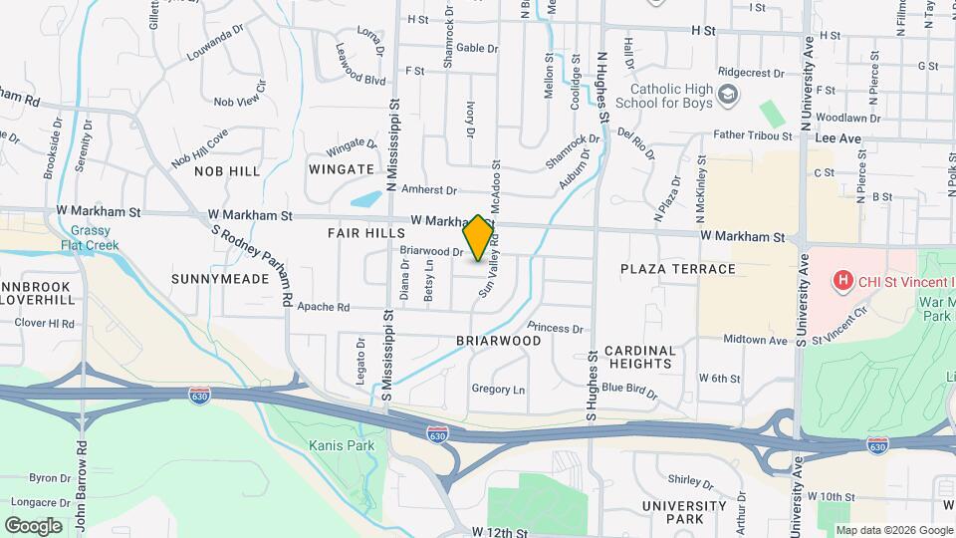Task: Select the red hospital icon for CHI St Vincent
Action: (843, 281)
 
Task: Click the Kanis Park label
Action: (342, 445)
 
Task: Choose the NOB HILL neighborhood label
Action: (227, 171)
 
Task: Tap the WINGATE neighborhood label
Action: (341, 169)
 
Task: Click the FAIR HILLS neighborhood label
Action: (366, 232)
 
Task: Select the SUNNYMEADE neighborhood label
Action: (220, 279)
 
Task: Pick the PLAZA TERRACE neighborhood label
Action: (677, 269)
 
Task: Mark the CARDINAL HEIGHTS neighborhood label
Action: (640, 357)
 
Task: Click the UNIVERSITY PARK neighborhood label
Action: (684, 512)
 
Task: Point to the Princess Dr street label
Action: (555, 328)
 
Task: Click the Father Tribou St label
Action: (752, 135)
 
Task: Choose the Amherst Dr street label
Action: (428, 190)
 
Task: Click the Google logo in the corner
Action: (33, 525)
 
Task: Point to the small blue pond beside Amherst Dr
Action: (366, 198)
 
